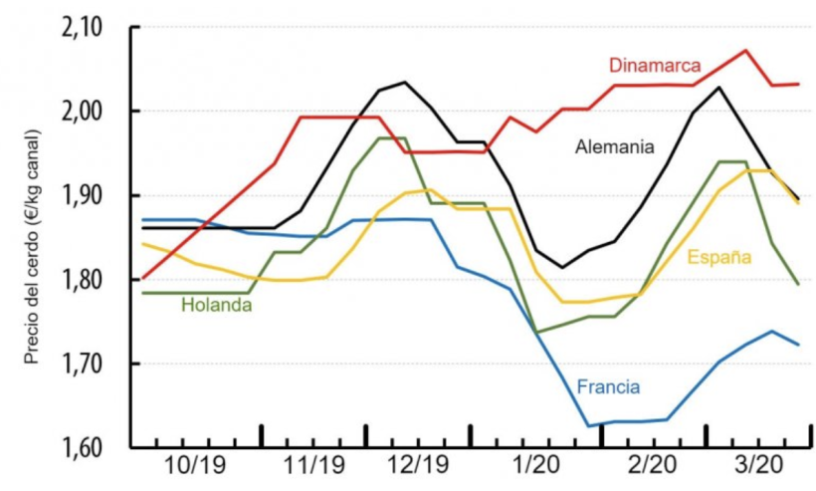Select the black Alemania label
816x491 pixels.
615,147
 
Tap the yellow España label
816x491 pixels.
718,257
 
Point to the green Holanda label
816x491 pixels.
216,306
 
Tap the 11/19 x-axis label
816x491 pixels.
313,467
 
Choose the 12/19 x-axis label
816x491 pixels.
419,467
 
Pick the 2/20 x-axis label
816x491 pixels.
652,467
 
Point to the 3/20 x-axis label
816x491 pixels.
757,467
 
